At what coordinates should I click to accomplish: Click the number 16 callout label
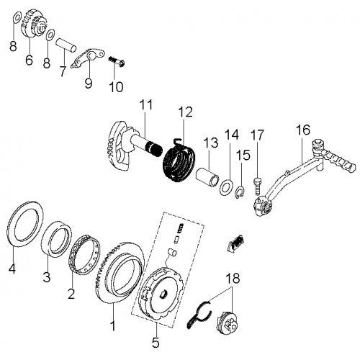pyautogui.click(x=303, y=130)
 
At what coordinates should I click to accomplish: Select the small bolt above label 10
pyautogui.click(x=115, y=63)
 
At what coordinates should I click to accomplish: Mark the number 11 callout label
pyautogui.click(x=145, y=105)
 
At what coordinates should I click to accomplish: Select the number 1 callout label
pyautogui.click(x=112, y=326)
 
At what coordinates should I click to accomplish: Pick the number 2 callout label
pyautogui.click(x=71, y=294)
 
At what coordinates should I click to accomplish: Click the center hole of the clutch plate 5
pyautogui.click(x=165, y=294)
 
